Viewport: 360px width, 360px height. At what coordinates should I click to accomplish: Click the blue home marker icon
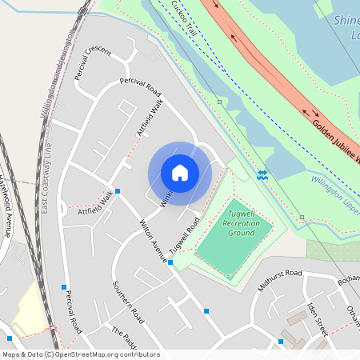pos(180,173)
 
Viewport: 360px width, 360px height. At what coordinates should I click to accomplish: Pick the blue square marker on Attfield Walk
pos(118,191)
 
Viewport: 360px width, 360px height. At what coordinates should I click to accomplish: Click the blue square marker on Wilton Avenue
pos(170,262)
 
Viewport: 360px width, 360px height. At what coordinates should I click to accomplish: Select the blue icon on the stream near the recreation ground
pos(262,174)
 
